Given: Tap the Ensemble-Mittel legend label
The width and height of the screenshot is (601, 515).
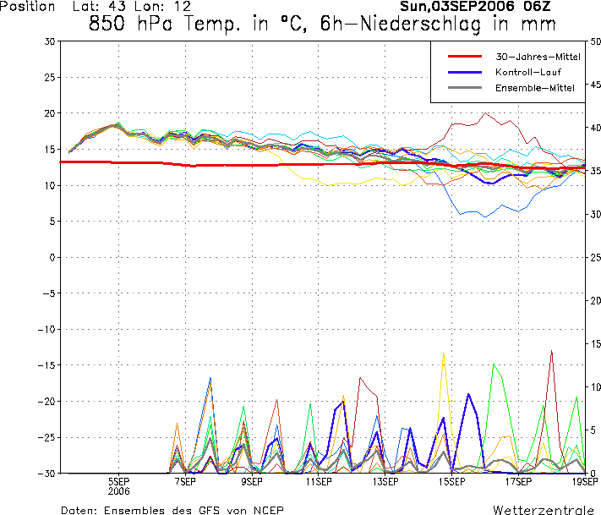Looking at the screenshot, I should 534,88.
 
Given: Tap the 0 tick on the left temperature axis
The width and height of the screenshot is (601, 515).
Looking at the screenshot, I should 52,257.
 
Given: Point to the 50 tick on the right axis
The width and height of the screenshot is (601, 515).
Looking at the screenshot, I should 595,41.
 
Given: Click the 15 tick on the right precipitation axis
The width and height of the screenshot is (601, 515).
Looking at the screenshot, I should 595,343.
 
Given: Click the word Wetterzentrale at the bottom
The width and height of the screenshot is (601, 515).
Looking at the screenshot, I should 543,510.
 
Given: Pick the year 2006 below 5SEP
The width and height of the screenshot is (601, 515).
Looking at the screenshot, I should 118,490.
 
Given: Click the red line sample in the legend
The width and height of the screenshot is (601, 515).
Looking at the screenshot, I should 463,57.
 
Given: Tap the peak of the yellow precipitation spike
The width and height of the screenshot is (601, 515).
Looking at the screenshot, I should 443,352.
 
